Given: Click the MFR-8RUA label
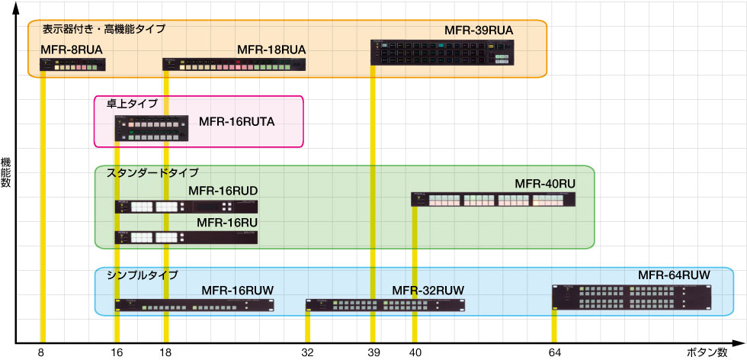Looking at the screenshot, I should tap(71, 50).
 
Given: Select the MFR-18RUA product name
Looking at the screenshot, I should tap(271, 50).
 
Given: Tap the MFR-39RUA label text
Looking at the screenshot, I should tap(479, 31).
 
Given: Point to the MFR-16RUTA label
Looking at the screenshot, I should tap(236, 121).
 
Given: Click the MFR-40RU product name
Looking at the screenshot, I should tap(545, 184).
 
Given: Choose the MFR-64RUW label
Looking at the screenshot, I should tap(674, 275).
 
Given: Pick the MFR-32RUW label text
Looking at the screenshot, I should tap(428, 290).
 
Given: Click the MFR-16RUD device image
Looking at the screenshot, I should tap(186, 207).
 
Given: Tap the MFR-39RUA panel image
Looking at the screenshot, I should tap(443, 53).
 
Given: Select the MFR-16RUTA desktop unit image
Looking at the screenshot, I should tap(151, 128).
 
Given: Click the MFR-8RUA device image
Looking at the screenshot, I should tap(72, 65).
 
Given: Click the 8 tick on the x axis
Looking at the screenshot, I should tap(41, 352).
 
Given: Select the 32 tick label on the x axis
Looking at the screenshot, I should tap(307, 352).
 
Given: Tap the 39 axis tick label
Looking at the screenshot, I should tap(372, 352).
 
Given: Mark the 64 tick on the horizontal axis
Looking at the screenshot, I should tap(554, 352).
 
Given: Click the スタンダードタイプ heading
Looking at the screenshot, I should tap(152, 172).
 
